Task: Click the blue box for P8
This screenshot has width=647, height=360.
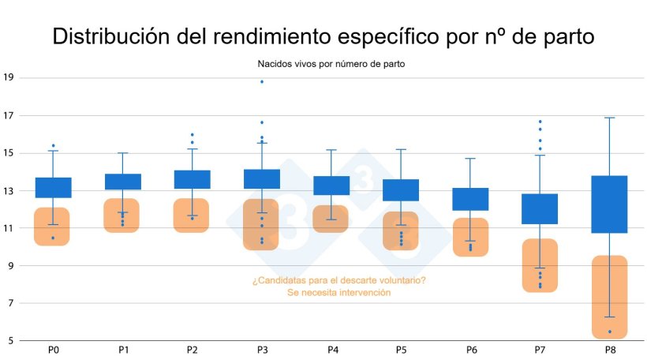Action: pyautogui.click(x=609, y=204)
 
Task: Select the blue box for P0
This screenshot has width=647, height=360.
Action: pyautogui.click(x=53, y=187)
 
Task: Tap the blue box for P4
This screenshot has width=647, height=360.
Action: pyautogui.click(x=331, y=186)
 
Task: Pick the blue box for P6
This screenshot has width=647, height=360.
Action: pyautogui.click(x=470, y=199)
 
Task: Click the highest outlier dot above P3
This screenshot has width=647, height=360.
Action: pyautogui.click(x=262, y=82)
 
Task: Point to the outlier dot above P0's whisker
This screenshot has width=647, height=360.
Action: pyautogui.click(x=53, y=146)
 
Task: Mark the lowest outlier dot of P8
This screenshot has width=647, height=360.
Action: pyautogui.click(x=609, y=332)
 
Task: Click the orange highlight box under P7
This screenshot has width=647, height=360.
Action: pyautogui.click(x=540, y=265)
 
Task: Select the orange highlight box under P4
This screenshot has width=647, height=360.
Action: pyautogui.click(x=331, y=219)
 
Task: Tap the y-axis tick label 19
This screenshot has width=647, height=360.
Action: pyautogui.click(x=9, y=78)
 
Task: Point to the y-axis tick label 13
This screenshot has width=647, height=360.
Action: pyautogui.click(x=9, y=190)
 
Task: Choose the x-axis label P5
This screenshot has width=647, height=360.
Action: pyautogui.click(x=401, y=350)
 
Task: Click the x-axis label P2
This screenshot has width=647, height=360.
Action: pyautogui.click(x=193, y=350)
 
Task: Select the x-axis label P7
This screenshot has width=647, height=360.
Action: pyautogui.click(x=540, y=350)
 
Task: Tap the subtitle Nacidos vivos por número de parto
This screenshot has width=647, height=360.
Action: pyautogui.click(x=331, y=63)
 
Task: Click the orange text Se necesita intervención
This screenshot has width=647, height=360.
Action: pyautogui.click(x=339, y=293)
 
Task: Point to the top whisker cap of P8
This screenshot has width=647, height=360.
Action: pyautogui.click(x=609, y=118)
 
